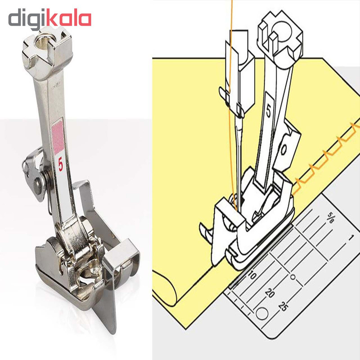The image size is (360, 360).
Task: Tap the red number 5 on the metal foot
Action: point(61,165)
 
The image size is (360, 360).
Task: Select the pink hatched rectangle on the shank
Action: point(58,137)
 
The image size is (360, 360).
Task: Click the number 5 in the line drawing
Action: point(269,111)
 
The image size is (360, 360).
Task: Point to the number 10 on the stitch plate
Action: point(252,275)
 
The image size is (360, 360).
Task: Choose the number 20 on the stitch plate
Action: point(270,292)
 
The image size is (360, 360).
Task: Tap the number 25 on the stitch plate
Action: point(283,306)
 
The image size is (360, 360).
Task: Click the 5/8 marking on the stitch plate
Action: point(331,218)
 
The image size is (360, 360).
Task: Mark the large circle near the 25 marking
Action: point(262,313)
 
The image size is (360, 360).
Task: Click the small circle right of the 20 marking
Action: point(293,277)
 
